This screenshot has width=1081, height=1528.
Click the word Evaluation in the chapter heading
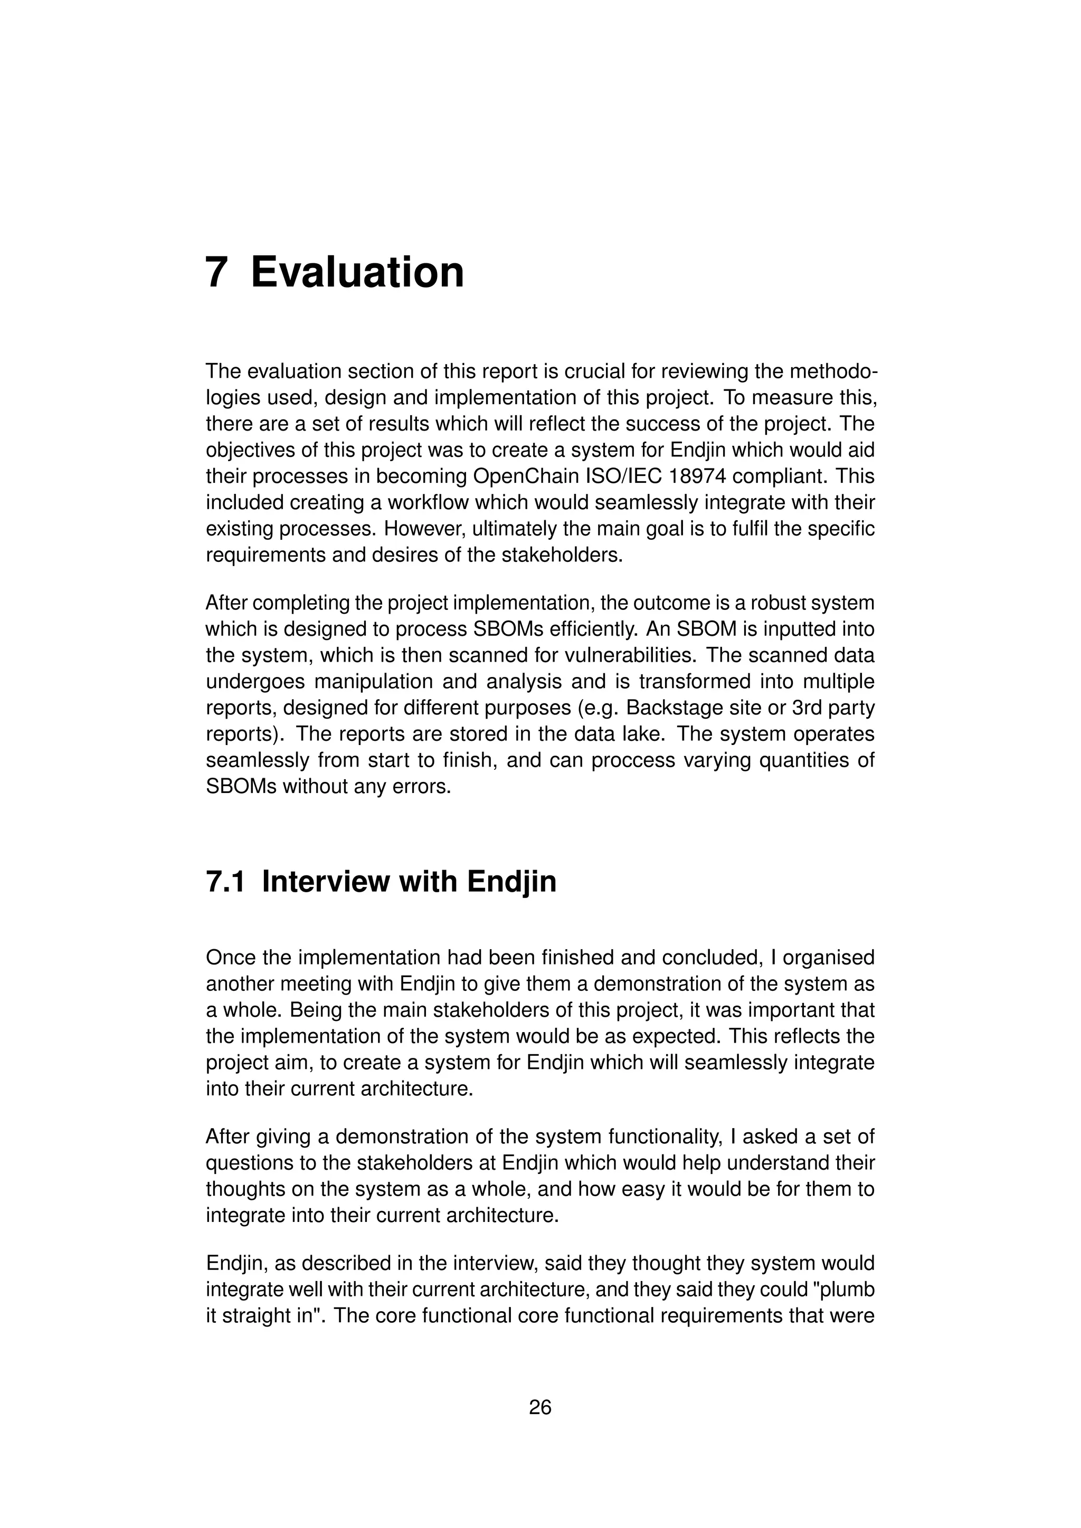(357, 272)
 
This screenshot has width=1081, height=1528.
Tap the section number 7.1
(225, 882)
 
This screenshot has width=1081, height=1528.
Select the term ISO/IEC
(625, 476)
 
